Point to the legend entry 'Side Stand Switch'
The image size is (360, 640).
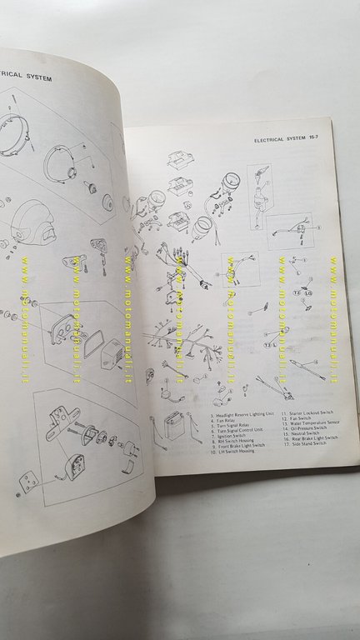[311, 443]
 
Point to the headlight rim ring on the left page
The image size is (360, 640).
[13, 129]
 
